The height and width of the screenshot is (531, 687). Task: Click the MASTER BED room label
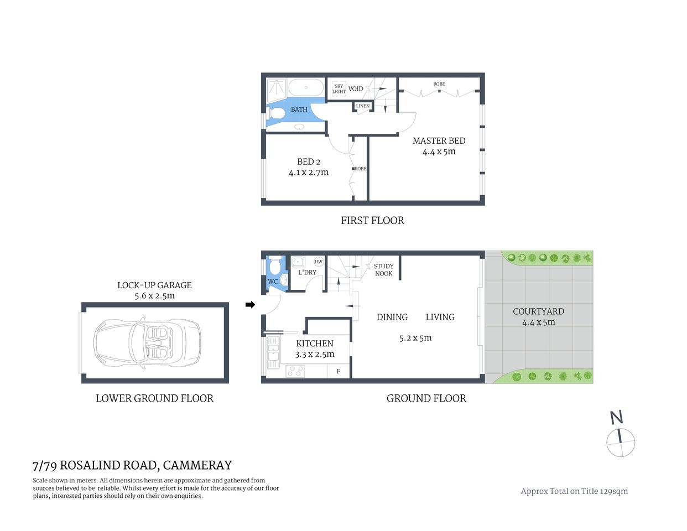tap(439, 141)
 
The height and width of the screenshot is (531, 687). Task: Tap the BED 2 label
tap(309, 162)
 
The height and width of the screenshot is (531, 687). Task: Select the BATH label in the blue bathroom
tap(299, 110)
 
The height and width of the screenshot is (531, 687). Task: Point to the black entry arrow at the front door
tap(250, 305)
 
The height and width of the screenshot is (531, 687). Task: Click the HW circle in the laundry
tap(319, 262)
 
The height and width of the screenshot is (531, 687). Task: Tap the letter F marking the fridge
tap(339, 372)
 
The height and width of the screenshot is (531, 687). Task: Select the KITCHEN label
tap(314, 343)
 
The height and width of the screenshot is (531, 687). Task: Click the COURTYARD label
tap(538, 311)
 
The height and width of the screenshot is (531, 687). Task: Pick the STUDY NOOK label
tap(383, 270)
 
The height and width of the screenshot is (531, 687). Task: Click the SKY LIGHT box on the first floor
tap(339, 89)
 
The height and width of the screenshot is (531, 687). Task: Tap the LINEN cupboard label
tap(363, 106)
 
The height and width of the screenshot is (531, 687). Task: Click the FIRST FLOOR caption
tap(372, 221)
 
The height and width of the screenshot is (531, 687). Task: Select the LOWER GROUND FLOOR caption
tap(154, 398)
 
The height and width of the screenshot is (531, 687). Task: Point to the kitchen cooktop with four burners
tap(295, 372)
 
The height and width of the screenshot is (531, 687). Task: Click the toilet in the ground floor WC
tap(283, 279)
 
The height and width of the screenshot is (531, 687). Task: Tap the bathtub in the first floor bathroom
tap(306, 87)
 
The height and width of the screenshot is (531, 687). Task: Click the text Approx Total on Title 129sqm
tap(574, 491)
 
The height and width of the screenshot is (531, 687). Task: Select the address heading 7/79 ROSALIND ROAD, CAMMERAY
tap(132, 466)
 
